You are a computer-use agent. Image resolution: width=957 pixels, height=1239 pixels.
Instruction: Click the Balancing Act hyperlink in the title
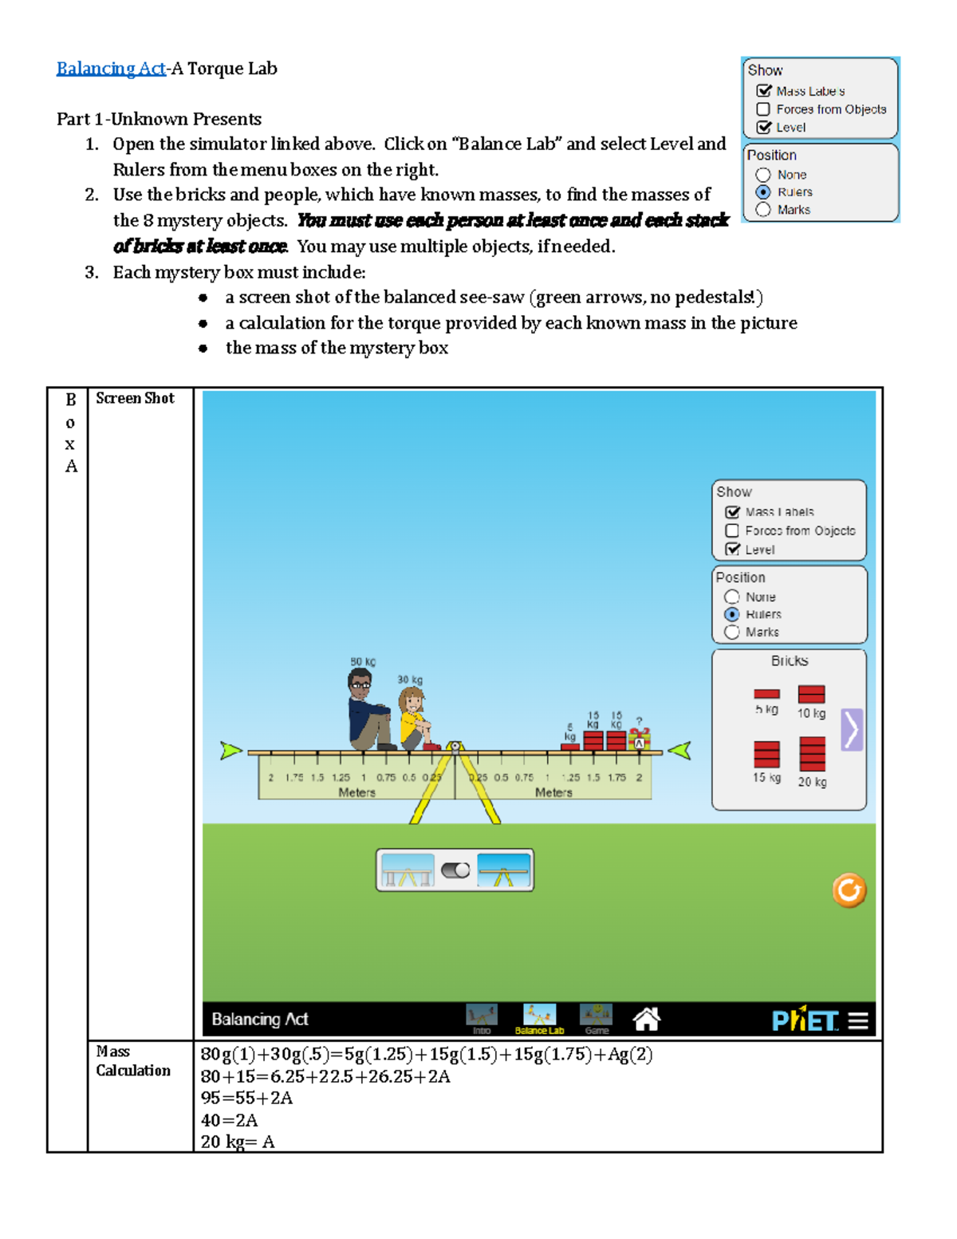tap(111, 69)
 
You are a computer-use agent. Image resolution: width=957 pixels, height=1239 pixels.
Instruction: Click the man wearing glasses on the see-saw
tap(366, 710)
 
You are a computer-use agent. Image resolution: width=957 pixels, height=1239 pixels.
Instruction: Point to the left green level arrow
tap(230, 751)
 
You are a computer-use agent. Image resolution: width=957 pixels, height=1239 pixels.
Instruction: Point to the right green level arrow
tap(679, 751)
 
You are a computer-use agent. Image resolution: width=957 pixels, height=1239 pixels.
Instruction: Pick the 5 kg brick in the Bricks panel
tap(766, 694)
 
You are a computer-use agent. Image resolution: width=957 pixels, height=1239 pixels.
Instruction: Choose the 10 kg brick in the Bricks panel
tap(811, 694)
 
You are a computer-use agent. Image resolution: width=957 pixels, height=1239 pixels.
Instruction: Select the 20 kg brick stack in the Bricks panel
tap(812, 754)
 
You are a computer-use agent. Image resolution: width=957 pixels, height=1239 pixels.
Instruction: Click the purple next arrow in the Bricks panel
tap(852, 729)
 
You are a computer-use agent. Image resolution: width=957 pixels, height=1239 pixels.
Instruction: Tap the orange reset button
tap(849, 890)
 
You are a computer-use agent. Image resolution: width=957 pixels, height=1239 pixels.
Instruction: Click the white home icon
tap(646, 1019)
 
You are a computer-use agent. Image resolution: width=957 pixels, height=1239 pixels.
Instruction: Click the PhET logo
tap(805, 1020)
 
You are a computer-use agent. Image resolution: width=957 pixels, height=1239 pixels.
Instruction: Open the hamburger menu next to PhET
tap(858, 1020)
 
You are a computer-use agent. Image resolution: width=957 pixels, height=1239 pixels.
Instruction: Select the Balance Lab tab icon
tap(539, 1016)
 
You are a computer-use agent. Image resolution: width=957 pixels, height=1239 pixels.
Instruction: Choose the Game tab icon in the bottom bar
tap(596, 1016)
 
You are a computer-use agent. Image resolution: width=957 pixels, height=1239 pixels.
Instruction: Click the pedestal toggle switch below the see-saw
tap(455, 870)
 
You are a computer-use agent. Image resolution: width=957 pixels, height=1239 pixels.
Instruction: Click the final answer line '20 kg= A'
tap(238, 1142)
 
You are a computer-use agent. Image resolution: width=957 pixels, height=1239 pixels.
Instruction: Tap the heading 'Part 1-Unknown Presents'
tap(159, 119)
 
